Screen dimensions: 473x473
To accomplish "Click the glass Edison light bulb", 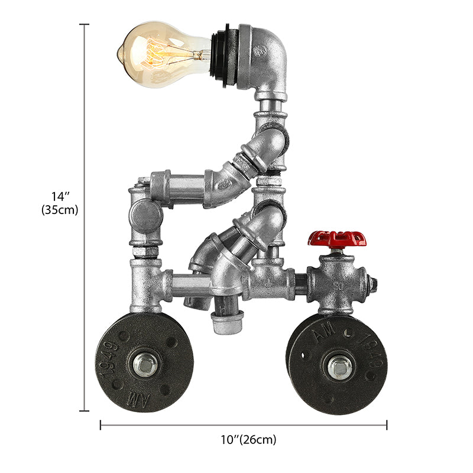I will [163, 53].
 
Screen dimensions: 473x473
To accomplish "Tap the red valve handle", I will [336, 239].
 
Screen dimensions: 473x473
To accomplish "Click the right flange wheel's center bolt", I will [339, 365].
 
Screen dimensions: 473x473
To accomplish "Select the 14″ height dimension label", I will [60, 196].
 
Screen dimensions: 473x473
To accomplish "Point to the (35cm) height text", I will [60, 209].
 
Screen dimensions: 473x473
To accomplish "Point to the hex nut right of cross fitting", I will [373, 284].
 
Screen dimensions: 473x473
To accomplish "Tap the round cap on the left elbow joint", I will [145, 216].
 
